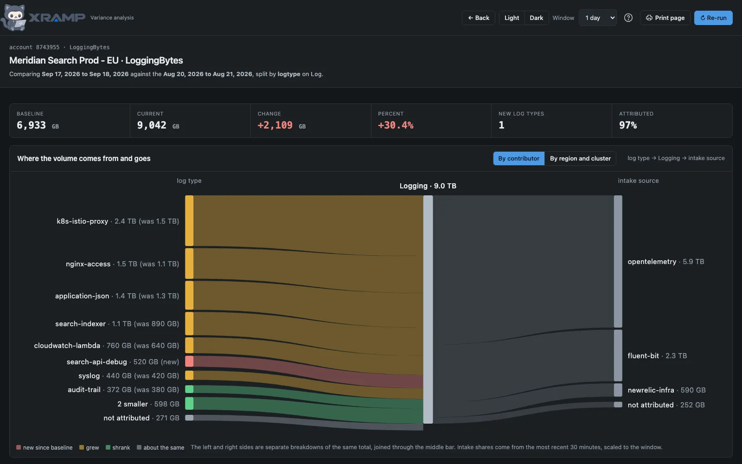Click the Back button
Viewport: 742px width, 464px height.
point(478,18)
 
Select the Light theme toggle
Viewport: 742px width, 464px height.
point(512,18)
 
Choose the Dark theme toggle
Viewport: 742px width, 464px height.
point(536,18)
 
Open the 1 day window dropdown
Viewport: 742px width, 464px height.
point(598,18)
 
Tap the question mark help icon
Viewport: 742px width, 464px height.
point(628,18)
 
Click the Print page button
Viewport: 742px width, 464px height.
point(665,18)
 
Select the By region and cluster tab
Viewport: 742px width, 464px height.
point(580,158)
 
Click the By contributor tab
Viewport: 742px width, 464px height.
point(519,158)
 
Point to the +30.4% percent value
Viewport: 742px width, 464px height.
point(396,125)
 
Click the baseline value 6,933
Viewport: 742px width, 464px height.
point(31,125)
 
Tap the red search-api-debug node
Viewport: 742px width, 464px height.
point(189,361)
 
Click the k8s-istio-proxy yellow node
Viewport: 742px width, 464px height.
point(189,221)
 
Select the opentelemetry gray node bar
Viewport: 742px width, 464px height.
point(618,262)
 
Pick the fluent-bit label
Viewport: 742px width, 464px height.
point(643,355)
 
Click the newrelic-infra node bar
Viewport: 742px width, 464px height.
point(618,390)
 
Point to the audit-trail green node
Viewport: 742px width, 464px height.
point(189,389)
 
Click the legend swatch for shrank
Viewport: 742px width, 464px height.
point(108,447)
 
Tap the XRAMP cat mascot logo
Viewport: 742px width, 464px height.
point(14,18)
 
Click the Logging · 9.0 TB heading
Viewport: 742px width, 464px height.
point(428,186)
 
